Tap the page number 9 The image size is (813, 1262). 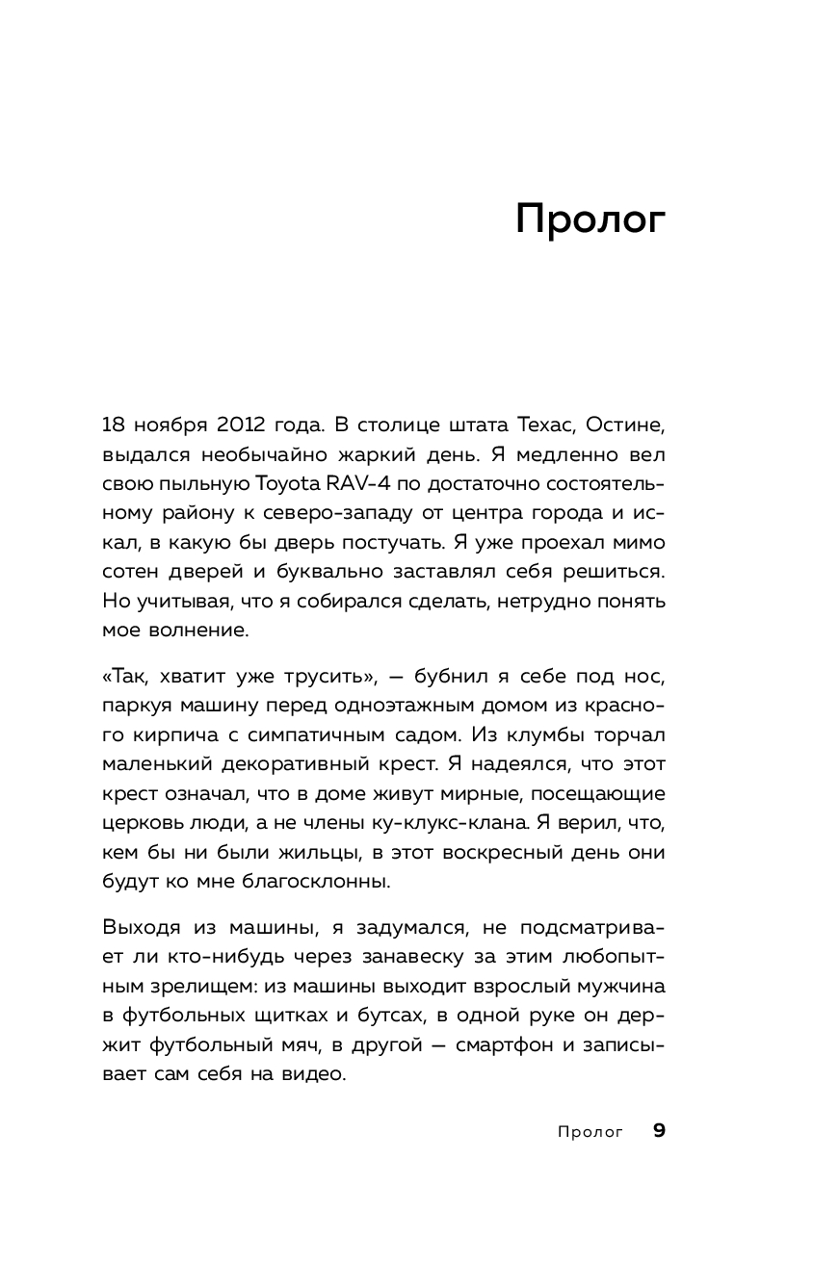point(659,1131)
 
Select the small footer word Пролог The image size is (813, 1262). point(590,1132)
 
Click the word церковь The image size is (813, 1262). point(144,824)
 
